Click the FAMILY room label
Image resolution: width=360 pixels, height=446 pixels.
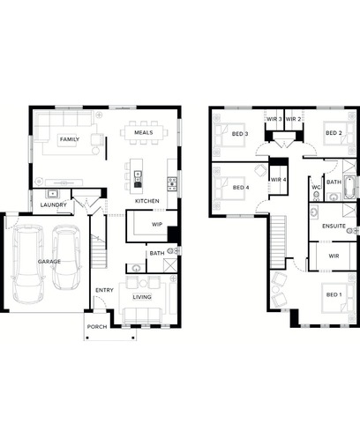pyautogui.click(x=70, y=139)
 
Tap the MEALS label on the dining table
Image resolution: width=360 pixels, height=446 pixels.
pyautogui.click(x=144, y=132)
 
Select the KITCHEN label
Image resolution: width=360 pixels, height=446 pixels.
pyautogui.click(x=147, y=201)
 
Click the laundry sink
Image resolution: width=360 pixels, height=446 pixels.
pyautogui.click(x=53, y=194)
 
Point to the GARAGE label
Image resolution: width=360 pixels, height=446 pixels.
pyautogui.click(x=49, y=262)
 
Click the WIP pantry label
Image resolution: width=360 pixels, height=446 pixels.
pyautogui.click(x=157, y=225)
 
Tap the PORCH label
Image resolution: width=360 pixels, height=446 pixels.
pyautogui.click(x=97, y=327)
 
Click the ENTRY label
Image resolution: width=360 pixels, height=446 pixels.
pyautogui.click(x=104, y=290)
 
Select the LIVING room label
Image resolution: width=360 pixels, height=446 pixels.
pyautogui.click(x=142, y=297)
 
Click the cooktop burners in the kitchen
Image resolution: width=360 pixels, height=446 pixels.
pyautogui.click(x=172, y=184)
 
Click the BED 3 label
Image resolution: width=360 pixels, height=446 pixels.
pyautogui.click(x=240, y=134)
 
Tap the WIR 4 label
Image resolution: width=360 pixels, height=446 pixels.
pyautogui.click(x=278, y=180)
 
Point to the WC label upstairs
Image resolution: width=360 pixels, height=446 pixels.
pyautogui.click(x=316, y=187)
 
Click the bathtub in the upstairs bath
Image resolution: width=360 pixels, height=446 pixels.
pyautogui.click(x=349, y=188)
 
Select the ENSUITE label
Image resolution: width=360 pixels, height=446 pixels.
pyautogui.click(x=334, y=226)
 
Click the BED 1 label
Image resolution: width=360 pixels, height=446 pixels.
pyautogui.click(x=334, y=294)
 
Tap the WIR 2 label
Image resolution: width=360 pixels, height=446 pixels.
pyautogui.click(x=293, y=119)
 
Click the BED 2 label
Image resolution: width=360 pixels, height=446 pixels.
pyautogui.click(x=334, y=133)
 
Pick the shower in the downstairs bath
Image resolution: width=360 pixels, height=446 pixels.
pyautogui.click(x=169, y=265)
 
